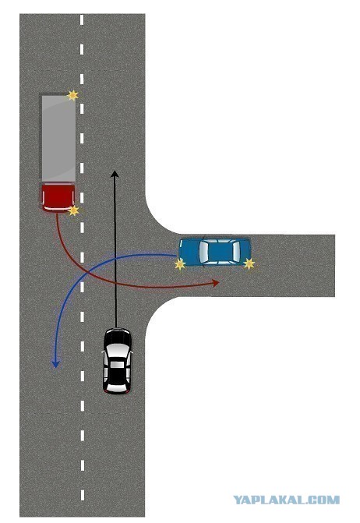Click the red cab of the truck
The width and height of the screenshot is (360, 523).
click(x=58, y=197)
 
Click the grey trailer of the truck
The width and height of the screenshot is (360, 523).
click(x=58, y=137)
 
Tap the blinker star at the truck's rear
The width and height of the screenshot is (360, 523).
click(x=72, y=95)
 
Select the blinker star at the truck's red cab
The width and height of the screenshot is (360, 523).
click(x=73, y=210)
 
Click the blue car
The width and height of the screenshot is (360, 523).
click(x=214, y=252)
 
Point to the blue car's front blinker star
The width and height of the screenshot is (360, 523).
click(x=180, y=264)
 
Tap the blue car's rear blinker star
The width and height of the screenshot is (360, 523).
click(x=249, y=263)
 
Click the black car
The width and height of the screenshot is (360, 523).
click(x=117, y=361)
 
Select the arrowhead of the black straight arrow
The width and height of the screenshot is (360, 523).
click(x=115, y=174)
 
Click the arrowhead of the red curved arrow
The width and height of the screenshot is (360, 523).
click(x=216, y=283)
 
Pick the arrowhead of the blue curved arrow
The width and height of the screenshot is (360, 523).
click(x=55, y=364)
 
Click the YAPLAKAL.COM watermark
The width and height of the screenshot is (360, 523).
click(x=286, y=500)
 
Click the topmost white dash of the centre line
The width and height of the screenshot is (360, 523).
click(x=82, y=19)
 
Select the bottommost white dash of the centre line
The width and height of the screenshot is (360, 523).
click(x=82, y=495)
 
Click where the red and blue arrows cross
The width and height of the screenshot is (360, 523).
click(x=87, y=272)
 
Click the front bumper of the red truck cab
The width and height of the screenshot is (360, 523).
click(x=58, y=210)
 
